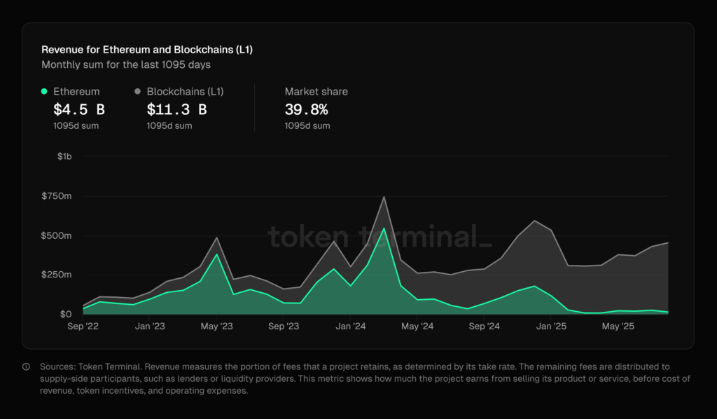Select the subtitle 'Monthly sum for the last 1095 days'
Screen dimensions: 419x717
(x=126, y=65)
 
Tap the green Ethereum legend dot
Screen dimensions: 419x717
(x=45, y=92)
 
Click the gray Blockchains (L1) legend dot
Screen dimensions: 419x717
(x=138, y=92)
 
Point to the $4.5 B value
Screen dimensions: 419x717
(x=79, y=109)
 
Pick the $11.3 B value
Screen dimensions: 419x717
(x=176, y=109)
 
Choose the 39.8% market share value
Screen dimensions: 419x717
(x=306, y=109)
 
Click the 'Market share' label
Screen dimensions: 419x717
(x=316, y=92)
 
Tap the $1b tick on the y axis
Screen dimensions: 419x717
(x=64, y=156)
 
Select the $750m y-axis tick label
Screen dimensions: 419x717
(x=57, y=196)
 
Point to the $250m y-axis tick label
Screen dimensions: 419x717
(x=57, y=275)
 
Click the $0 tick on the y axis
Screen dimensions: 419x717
(x=65, y=314)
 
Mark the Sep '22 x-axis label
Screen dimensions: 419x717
(x=83, y=327)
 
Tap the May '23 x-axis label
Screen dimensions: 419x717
(x=217, y=327)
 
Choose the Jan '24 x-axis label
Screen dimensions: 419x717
(x=350, y=327)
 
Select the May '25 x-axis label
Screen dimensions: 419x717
(x=618, y=327)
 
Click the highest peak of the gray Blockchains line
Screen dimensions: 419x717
(x=384, y=197)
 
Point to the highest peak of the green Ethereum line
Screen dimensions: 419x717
(x=384, y=228)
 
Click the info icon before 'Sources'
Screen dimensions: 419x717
(x=26, y=366)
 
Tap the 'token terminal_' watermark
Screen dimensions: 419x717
(x=380, y=237)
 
